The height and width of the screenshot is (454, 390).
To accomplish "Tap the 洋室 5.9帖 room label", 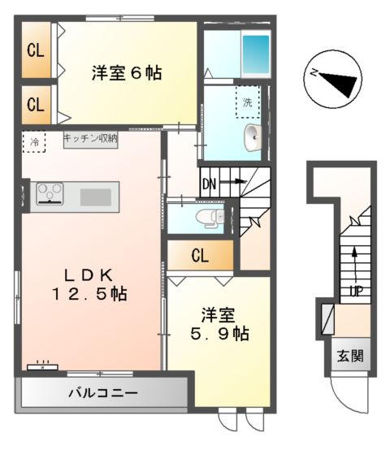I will [x=219, y=323].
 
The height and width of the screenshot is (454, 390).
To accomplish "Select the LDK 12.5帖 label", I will [x=89, y=282].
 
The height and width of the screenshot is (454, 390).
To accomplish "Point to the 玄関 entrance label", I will [x=351, y=355].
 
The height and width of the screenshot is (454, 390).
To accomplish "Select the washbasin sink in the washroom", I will [x=253, y=136].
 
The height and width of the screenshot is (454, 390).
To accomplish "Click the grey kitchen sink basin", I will [x=96, y=196].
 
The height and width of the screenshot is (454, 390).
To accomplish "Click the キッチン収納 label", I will [x=90, y=139].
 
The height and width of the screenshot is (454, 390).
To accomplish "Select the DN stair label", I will [x=210, y=183].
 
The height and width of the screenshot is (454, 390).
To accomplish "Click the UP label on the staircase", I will [x=355, y=290].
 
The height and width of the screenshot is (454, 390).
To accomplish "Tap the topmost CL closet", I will [x=36, y=50].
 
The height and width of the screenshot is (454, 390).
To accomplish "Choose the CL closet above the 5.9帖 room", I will [x=200, y=257].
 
